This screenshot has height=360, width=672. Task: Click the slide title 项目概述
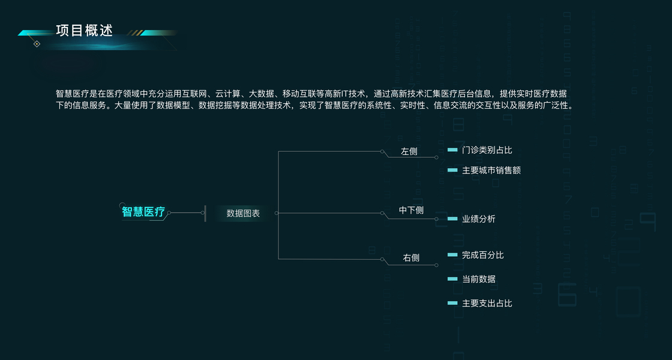click(84, 31)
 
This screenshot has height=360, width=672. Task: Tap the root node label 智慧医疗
click(143, 212)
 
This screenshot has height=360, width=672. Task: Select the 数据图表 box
click(243, 213)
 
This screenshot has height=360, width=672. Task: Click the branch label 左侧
click(409, 151)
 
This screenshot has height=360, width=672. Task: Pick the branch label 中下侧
click(412, 210)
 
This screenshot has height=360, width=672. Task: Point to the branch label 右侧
click(411, 258)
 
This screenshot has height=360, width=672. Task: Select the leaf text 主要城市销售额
click(491, 170)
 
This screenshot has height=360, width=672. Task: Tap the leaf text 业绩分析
click(479, 219)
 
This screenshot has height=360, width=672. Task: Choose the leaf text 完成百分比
click(483, 255)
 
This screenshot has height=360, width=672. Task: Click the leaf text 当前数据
click(479, 279)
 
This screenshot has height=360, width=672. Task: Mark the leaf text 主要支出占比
click(487, 303)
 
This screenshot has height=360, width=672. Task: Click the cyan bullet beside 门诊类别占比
click(452, 150)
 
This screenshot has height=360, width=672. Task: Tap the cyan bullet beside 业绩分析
click(452, 219)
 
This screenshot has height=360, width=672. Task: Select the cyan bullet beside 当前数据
click(452, 279)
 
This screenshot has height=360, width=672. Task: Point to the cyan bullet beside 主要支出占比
click(452, 303)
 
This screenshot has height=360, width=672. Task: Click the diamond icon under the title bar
click(37, 44)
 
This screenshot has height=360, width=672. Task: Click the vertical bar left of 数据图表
click(205, 213)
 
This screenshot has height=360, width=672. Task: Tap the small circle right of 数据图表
click(276, 212)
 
